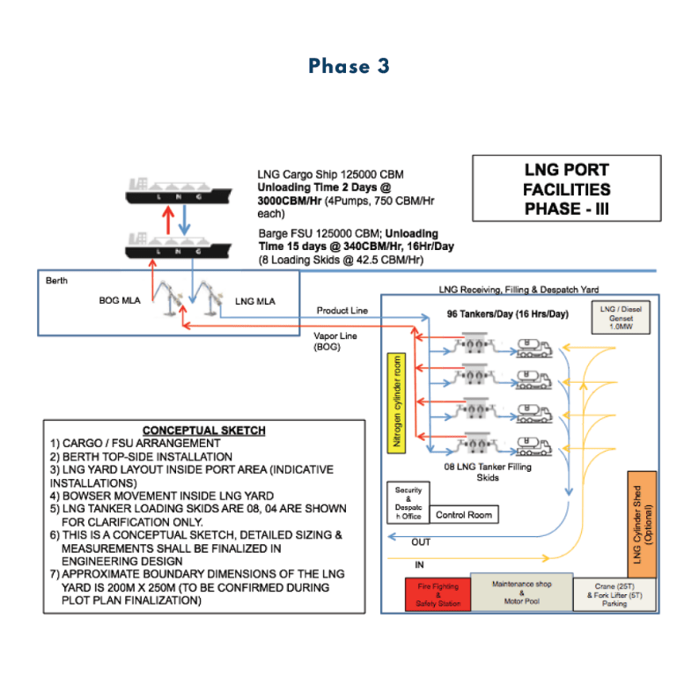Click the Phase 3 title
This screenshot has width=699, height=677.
pyautogui.click(x=349, y=66)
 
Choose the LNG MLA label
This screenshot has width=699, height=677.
pyautogui.click(x=254, y=301)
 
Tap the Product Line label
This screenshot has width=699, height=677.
pyautogui.click(x=342, y=311)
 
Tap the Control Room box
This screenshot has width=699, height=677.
pyautogui.click(x=465, y=514)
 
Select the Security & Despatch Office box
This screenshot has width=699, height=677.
pyautogui.click(x=408, y=504)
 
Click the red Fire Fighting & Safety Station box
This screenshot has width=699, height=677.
pyautogui.click(x=437, y=595)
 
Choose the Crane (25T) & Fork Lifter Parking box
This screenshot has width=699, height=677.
pyautogui.click(x=614, y=595)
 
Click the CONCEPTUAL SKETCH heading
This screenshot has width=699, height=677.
pyautogui.click(x=203, y=430)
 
